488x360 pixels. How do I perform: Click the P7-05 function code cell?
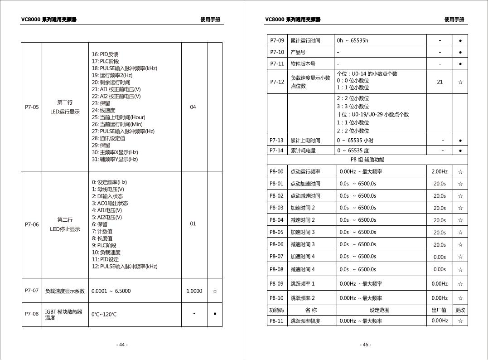pos(32,107)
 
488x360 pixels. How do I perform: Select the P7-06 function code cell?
pos(32,224)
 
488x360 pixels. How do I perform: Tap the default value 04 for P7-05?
pos(193,107)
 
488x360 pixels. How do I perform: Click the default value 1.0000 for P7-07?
pos(194,291)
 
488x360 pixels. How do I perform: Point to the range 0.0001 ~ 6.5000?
pos(111,291)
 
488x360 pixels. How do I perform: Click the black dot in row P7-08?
pos(215,313)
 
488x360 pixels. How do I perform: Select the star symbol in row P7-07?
pos(215,291)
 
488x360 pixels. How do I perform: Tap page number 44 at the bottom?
pos(122,345)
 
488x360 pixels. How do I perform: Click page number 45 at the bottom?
pos(366,345)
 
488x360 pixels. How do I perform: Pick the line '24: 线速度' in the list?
pos(103,110)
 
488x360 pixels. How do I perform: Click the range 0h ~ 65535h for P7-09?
pos(353,40)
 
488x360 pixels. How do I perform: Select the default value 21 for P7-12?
pos(440,82)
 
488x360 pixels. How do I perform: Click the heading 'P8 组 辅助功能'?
pos(367,160)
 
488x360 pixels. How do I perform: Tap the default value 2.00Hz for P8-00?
pos(440,172)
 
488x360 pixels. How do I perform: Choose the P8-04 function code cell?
pos(276,220)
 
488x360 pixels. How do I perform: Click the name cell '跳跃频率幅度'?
pos(305,321)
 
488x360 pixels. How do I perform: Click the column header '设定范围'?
pos(380,310)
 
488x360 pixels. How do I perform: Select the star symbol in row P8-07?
pos(460,257)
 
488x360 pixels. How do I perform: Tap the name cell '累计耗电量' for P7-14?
pos(303,151)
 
